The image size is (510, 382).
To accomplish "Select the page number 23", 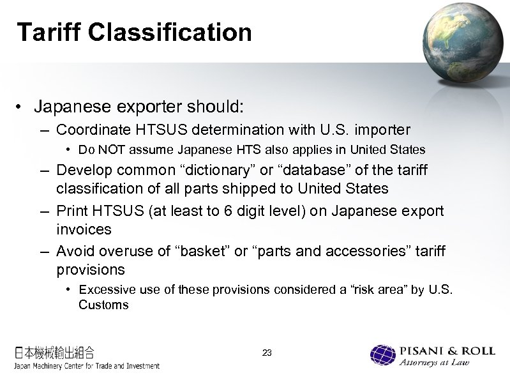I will pos(267,353).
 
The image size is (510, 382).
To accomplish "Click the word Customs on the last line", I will pos(103,305).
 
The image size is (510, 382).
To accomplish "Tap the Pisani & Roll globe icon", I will pos(383,356).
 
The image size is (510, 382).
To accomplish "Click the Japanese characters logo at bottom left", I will pos(55,352).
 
